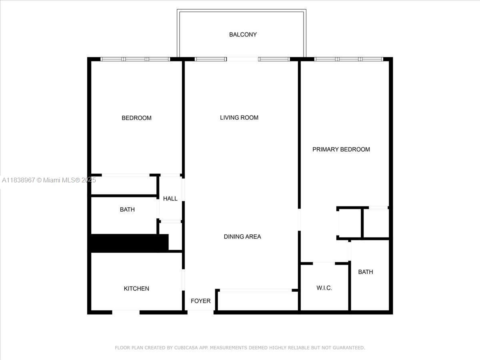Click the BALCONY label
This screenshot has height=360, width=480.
[243, 35]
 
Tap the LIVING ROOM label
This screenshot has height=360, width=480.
[239, 118]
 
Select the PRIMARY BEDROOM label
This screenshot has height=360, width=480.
[341, 149]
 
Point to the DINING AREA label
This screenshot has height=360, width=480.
[242, 237]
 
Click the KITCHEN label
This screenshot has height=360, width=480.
[136, 289]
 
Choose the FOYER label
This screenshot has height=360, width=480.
[200, 301]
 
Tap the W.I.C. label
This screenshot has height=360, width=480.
[324, 288]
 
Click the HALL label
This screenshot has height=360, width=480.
[170, 199]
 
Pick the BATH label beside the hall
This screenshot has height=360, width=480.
[127, 210]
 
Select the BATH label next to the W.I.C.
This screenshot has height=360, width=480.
[365, 272]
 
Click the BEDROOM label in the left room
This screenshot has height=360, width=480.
[136, 118]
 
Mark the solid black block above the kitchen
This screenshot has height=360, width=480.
[128, 243]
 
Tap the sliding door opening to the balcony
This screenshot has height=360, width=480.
[242, 59]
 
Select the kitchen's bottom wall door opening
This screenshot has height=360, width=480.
[126, 312]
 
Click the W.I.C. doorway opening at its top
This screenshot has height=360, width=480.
[324, 263]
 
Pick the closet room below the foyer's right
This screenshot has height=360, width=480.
[257, 301]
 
